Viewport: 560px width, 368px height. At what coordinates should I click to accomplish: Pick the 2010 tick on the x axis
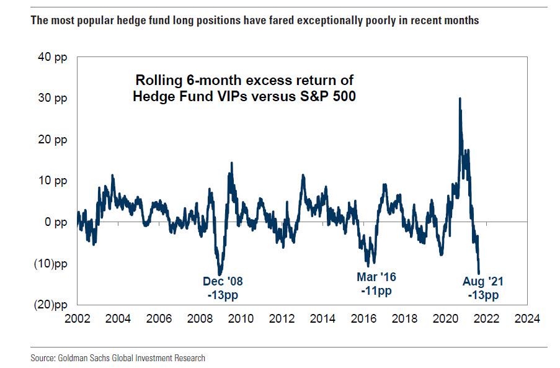click(241, 319)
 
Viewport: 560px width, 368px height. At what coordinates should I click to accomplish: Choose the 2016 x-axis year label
click(363, 319)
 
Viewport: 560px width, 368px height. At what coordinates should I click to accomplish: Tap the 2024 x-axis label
click(527, 319)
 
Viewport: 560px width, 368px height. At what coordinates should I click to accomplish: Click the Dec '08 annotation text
click(223, 282)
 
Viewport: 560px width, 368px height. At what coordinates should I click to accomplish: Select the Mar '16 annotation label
click(376, 277)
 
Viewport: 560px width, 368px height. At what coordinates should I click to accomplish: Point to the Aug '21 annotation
click(483, 282)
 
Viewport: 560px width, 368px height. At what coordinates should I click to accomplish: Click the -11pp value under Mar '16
click(376, 290)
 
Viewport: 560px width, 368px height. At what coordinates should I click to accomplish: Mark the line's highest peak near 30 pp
click(460, 99)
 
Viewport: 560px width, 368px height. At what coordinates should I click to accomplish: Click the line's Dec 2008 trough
click(220, 274)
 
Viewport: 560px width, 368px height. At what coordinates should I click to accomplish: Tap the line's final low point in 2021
click(481, 274)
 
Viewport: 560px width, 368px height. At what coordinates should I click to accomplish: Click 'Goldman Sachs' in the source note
click(82, 358)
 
